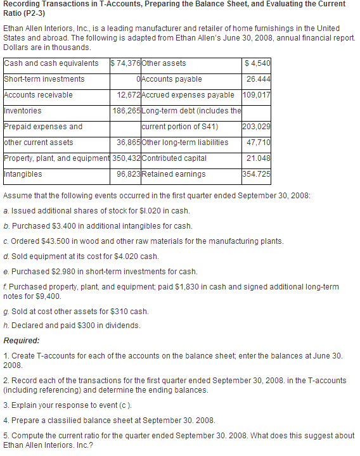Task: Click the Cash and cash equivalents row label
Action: (51, 63)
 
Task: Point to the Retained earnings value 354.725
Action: (257, 174)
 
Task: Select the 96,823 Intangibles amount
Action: (129, 174)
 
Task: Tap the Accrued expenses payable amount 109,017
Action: (257, 95)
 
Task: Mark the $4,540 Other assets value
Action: (258, 63)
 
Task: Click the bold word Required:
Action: (22, 340)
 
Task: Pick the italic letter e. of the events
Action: (6, 272)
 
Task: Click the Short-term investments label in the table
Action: (44, 79)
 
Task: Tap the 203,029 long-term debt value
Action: (257, 127)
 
